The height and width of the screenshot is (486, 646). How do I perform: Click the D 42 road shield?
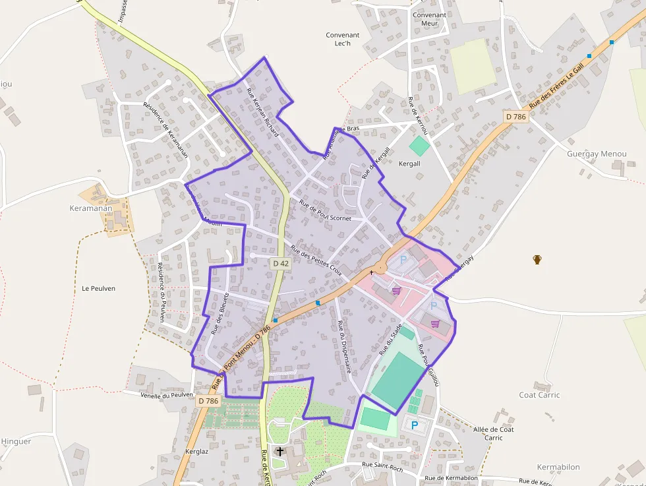tap(281, 263)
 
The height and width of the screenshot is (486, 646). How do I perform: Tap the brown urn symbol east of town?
tap(537, 259)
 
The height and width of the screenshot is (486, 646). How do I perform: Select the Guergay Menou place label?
tap(597, 154)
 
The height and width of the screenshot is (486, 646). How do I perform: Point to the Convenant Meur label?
tap(429, 19)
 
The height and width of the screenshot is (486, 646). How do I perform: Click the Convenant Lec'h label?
tap(343, 40)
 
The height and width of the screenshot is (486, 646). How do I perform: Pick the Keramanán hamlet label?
tap(91, 208)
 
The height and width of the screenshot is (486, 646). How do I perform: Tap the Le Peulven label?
tap(99, 288)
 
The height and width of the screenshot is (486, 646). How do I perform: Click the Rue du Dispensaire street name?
tap(343, 347)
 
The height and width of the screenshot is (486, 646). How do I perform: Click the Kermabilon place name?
tap(558, 467)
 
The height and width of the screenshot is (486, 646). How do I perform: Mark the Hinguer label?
tap(16, 441)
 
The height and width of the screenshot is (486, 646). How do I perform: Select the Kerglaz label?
tap(197, 451)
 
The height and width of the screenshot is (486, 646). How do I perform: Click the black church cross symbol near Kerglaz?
tap(280, 451)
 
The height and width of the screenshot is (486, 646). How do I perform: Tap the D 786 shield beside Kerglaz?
tap(208, 400)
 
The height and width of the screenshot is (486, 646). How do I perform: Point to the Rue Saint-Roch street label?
tap(382, 468)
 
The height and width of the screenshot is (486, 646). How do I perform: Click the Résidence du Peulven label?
tap(161, 293)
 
